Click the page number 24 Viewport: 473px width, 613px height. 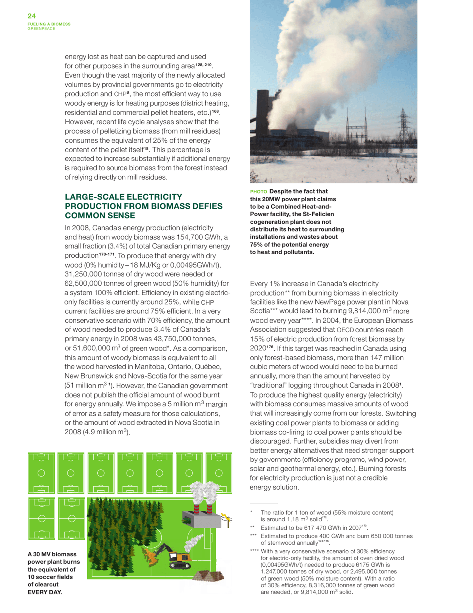pos(31,16)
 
